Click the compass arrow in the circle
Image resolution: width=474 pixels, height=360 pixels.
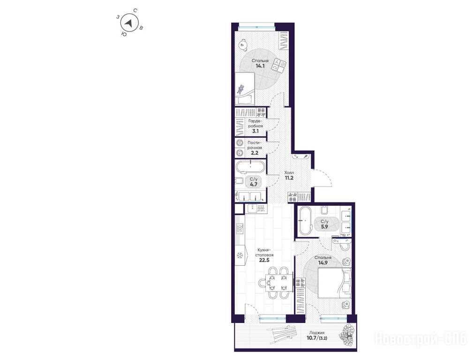click(129, 23)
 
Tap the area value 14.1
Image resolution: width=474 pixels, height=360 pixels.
click(260, 66)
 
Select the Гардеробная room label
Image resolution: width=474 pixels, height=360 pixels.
click(256, 123)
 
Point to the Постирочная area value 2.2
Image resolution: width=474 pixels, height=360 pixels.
click(255, 153)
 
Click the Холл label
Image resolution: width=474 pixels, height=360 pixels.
click(289, 172)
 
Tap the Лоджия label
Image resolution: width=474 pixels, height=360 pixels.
click(316, 333)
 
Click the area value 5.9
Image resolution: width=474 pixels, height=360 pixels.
click(324, 226)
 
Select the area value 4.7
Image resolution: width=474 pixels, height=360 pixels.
click(253, 184)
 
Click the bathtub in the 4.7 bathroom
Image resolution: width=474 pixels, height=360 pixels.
click(250, 167)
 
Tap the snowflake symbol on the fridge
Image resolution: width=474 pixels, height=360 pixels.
click(240, 256)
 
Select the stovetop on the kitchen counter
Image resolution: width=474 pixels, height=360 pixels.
click(241, 229)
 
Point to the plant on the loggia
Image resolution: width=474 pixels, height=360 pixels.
click(347, 335)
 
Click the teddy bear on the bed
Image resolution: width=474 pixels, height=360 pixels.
click(241, 89)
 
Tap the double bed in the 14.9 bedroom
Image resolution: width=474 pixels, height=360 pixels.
click(334, 283)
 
